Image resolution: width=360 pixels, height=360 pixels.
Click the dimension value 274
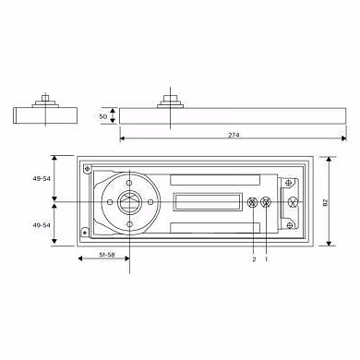[x=234, y=135]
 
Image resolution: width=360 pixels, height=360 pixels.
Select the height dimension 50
[x=103, y=116]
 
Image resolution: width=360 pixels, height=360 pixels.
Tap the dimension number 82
[x=326, y=202]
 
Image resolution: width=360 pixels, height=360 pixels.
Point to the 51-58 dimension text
[x=107, y=255]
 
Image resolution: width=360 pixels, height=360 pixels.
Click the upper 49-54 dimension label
[x=42, y=178]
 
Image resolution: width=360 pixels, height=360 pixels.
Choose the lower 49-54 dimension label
[x=42, y=225]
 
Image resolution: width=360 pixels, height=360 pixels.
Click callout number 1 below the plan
[x=267, y=259]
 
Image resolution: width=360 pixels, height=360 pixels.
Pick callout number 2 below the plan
[x=254, y=259]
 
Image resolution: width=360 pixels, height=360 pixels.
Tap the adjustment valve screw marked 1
[x=266, y=202]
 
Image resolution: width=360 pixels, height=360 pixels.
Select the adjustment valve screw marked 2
[x=253, y=202]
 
